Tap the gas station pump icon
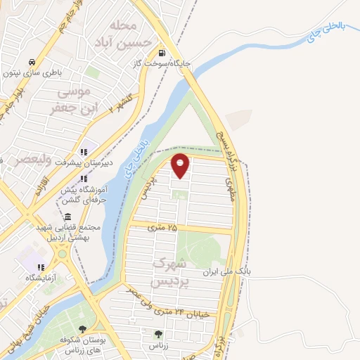[x=162, y=53]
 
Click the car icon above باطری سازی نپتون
[x=33, y=61]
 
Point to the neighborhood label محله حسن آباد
[x=132, y=34]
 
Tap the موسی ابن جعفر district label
[x=72, y=100]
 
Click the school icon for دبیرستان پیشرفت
[x=84, y=152]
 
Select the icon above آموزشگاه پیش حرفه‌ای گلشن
[x=84, y=179]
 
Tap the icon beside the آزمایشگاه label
[x=41, y=267]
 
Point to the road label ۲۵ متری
[x=163, y=227]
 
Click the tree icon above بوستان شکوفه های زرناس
[x=82, y=329]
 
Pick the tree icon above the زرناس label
[x=157, y=334]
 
